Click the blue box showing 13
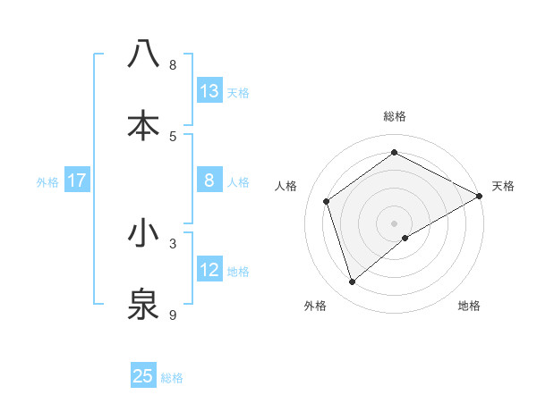pyautogui.click(x=209, y=90)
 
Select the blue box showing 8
pyautogui.click(x=209, y=181)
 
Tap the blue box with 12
pyautogui.click(x=209, y=270)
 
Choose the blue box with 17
pyautogui.click(x=77, y=181)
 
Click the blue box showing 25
pyautogui.click(x=143, y=376)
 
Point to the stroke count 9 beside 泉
pyautogui.click(x=173, y=315)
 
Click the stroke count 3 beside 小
pyautogui.click(x=173, y=242)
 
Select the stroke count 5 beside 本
pyautogui.click(x=173, y=135)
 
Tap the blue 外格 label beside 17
pyautogui.click(x=47, y=181)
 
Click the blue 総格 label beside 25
pyautogui.click(x=173, y=377)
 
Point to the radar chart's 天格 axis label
pyautogui.click(x=503, y=186)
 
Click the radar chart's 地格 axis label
pyautogui.click(x=469, y=306)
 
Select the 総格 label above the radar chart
pyautogui.click(x=395, y=116)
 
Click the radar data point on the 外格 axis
pyautogui.click(x=352, y=282)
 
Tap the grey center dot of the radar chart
pyautogui.click(x=395, y=223)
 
